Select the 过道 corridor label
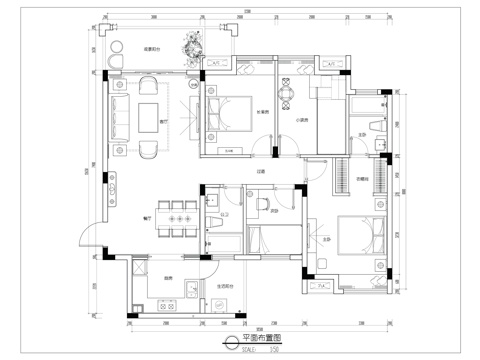pyautogui.click(x=259, y=171)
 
